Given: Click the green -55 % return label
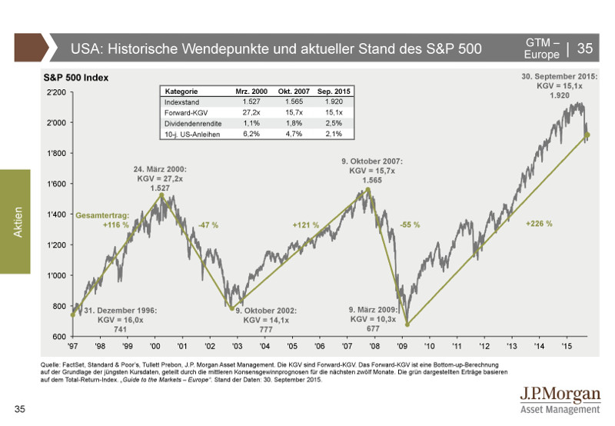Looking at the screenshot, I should point(411,225).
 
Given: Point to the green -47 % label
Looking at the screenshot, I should point(208,225).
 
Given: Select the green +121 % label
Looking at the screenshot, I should point(306,225).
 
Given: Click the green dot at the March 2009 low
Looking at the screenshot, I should point(408,324).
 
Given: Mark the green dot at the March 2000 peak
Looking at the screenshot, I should point(162,195).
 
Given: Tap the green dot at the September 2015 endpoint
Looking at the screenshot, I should point(587,135).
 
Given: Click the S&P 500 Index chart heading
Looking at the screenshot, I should point(76,78).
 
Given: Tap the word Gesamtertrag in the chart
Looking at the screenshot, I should point(101,215).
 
